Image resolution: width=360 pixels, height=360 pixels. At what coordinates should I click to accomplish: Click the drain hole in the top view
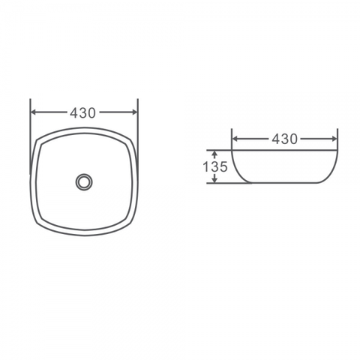coord(84,182)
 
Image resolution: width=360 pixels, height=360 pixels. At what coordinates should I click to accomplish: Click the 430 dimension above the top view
coord(82,113)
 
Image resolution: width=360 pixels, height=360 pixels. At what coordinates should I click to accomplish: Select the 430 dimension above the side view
coord(284,139)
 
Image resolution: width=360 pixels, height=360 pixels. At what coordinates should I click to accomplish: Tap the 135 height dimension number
coord(215,166)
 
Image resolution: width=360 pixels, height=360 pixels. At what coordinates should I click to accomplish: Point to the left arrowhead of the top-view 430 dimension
coord(34,112)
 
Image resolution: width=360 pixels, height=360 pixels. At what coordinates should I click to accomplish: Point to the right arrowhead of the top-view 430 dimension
coord(134,112)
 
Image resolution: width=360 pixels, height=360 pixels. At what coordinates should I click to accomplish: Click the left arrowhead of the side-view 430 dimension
coord(235,139)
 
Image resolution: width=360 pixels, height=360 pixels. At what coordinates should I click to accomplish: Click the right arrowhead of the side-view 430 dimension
coord(334,139)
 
